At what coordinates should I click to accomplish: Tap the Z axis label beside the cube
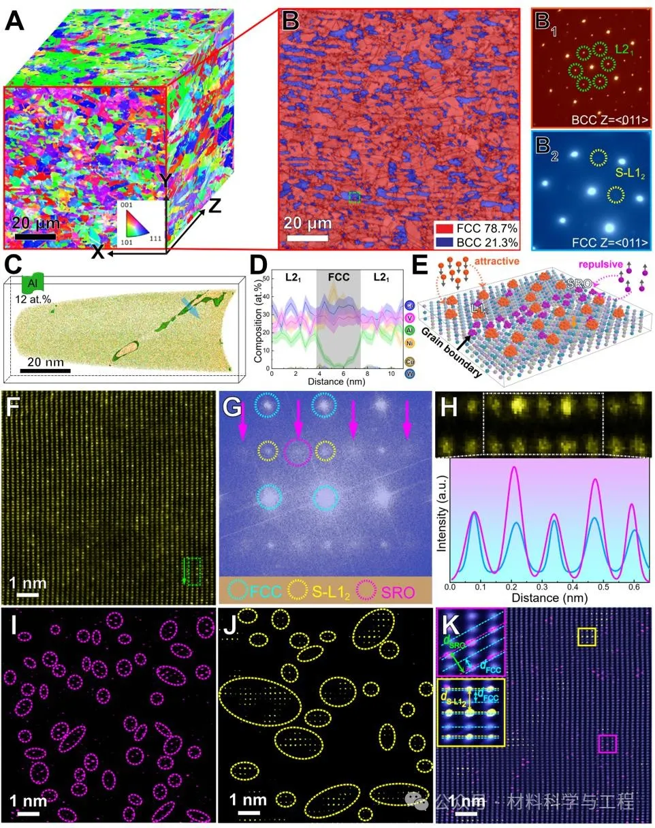tap(214, 205)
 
